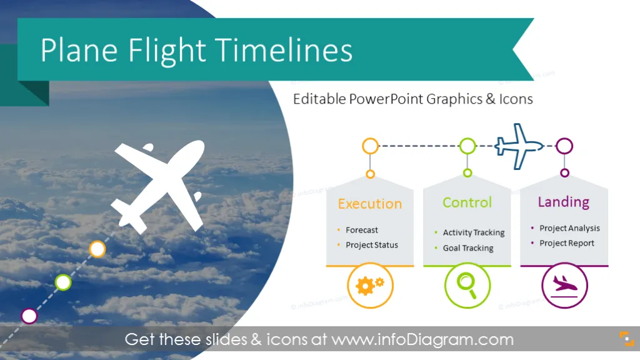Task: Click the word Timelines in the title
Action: pos(284,50)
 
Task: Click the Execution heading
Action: pos(370,204)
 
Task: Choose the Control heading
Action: pos(467,202)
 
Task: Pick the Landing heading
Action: pos(564,202)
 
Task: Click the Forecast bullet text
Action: pos(362,230)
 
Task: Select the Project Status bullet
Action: pos(372,245)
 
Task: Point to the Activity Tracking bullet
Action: pos(474,232)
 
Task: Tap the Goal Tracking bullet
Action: pos(468,248)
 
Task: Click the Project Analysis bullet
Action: pos(570,228)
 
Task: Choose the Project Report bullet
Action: pos(567,243)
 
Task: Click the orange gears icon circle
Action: pos(370,285)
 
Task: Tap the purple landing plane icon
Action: pos(564,285)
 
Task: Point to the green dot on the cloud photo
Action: pos(63,282)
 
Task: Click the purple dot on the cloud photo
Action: pos(29,316)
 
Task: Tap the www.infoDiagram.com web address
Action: pos(422,339)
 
